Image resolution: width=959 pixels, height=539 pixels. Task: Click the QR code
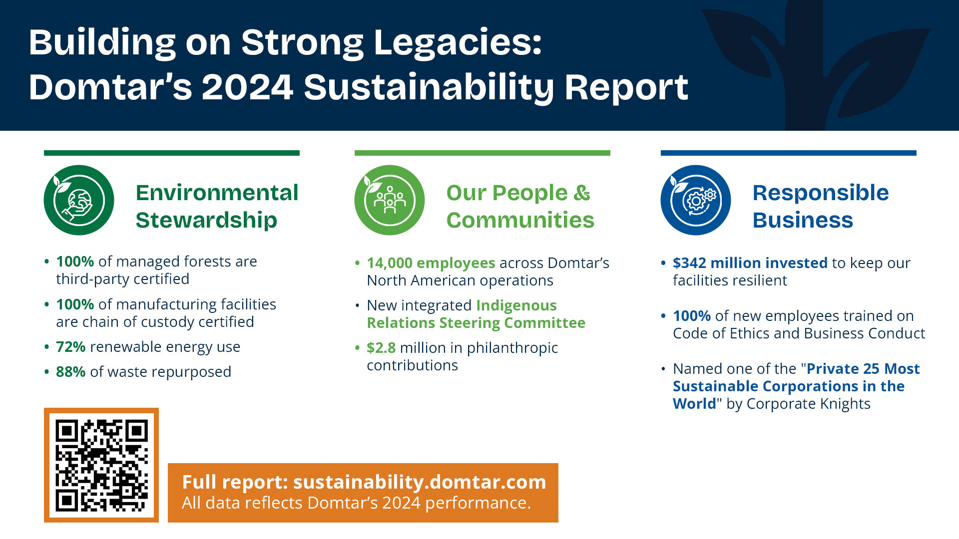click(101, 465)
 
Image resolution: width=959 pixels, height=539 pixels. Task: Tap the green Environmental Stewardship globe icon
click(79, 200)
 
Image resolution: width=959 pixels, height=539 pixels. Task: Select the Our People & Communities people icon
click(390, 200)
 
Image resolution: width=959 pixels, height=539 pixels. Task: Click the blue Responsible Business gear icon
click(696, 200)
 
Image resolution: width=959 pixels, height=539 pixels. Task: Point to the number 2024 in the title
click(247, 87)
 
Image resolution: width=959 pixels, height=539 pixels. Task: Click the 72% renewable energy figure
click(71, 347)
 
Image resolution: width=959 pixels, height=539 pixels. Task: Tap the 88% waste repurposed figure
click(71, 372)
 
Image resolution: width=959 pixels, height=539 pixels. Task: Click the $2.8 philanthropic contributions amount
click(381, 348)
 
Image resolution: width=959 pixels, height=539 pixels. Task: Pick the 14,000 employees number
click(390, 263)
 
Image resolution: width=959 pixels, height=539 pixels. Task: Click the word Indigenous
click(516, 305)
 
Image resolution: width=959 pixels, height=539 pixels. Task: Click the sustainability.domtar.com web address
click(420, 482)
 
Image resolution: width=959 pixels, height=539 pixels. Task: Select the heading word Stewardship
click(206, 220)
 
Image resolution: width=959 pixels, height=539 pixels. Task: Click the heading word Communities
click(520, 220)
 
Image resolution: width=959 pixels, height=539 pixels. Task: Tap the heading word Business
click(803, 220)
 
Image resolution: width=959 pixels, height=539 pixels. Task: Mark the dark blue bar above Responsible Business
click(788, 153)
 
